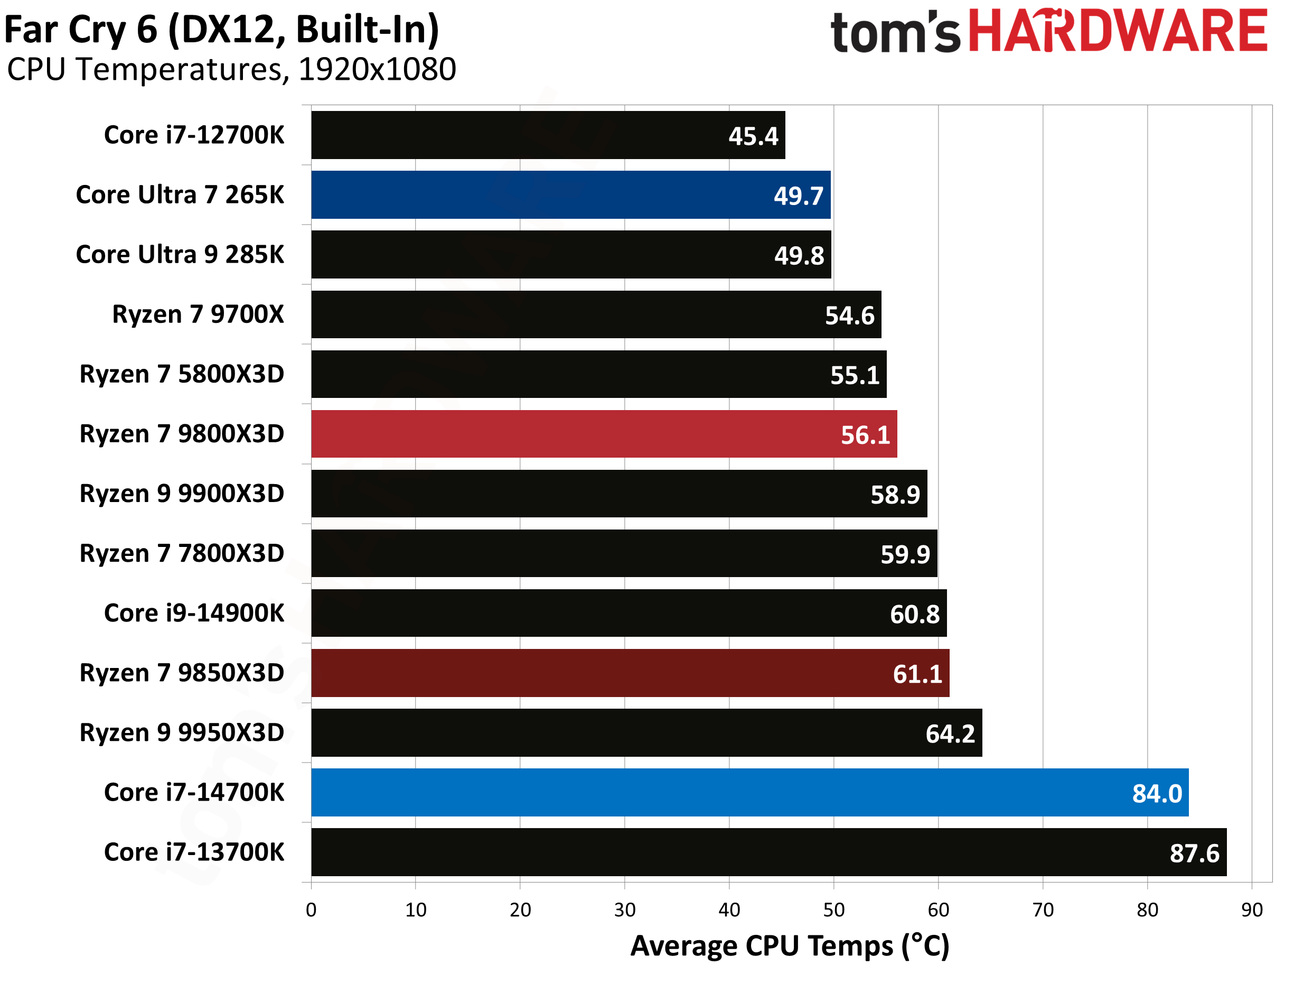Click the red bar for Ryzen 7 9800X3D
[x=603, y=434]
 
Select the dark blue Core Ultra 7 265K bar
[x=570, y=195]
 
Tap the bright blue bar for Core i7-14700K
[x=749, y=793]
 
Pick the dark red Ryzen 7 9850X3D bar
[x=629, y=673]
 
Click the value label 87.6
[x=1194, y=853]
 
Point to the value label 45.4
[x=753, y=136]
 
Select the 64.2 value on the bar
[x=950, y=734]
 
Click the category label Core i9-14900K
[x=194, y=613]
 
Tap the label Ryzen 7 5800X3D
[x=182, y=374]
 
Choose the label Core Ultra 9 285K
[x=180, y=255]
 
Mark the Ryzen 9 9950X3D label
[x=182, y=733]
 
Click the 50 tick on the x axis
[x=833, y=909]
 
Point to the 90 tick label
[x=1252, y=909]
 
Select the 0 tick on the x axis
[x=312, y=909]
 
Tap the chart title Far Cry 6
[x=221, y=31]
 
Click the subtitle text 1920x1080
[x=377, y=70]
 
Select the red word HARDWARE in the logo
[x=1118, y=32]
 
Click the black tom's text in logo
[x=895, y=33]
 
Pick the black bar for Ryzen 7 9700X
[x=596, y=314]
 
